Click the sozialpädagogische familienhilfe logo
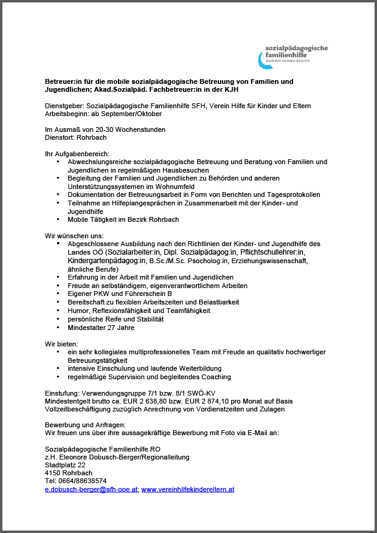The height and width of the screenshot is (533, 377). tap(292, 53)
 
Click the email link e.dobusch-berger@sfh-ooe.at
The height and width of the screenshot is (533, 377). tap(92, 489)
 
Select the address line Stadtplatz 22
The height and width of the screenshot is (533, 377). tap(65, 465)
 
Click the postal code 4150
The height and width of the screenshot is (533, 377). tap(53, 473)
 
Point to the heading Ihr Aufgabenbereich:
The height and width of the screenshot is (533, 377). tap(77, 154)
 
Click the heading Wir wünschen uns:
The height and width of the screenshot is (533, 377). tap(69, 235)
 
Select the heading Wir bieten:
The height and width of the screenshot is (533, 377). tap(61, 344)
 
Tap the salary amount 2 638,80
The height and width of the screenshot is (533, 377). tap(147, 401)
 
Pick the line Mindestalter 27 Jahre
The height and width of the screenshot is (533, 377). tap(101, 328)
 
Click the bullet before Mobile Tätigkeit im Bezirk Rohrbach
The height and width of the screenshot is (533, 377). tap(58, 219)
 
